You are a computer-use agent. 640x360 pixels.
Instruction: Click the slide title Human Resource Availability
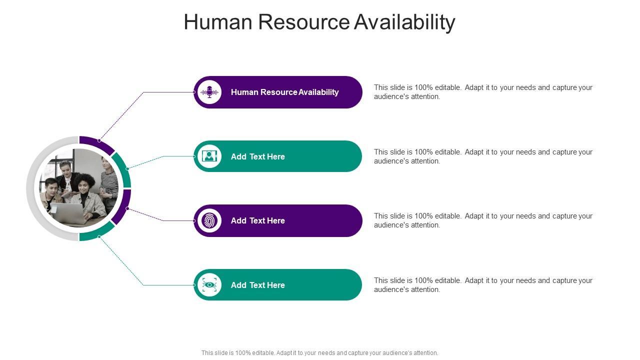pyautogui.click(x=319, y=22)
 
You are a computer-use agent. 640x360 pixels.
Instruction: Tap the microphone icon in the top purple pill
pyautogui.click(x=209, y=92)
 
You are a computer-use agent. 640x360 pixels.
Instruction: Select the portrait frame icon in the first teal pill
pyautogui.click(x=209, y=156)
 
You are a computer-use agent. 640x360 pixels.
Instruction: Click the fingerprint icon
pyautogui.click(x=209, y=220)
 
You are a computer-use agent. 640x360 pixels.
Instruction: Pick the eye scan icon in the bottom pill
pyautogui.click(x=209, y=285)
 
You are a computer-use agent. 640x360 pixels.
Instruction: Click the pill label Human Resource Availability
pyautogui.click(x=284, y=92)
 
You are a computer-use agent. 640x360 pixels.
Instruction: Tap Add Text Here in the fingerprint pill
pyautogui.click(x=257, y=220)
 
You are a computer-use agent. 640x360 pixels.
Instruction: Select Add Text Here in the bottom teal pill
pyautogui.click(x=257, y=285)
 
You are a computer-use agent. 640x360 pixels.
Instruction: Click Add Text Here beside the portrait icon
pyautogui.click(x=257, y=156)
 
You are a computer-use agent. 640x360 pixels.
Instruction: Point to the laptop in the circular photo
pyautogui.click(x=67, y=212)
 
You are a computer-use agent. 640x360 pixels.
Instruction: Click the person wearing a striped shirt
pyautogui.click(x=108, y=182)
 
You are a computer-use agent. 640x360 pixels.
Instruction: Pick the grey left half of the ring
pyautogui.click(x=31, y=188)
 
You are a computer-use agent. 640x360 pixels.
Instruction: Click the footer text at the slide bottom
pyautogui.click(x=319, y=353)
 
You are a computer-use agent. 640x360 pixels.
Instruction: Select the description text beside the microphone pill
pyautogui.click(x=483, y=92)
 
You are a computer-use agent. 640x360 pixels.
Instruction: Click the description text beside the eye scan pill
pyautogui.click(x=483, y=285)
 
